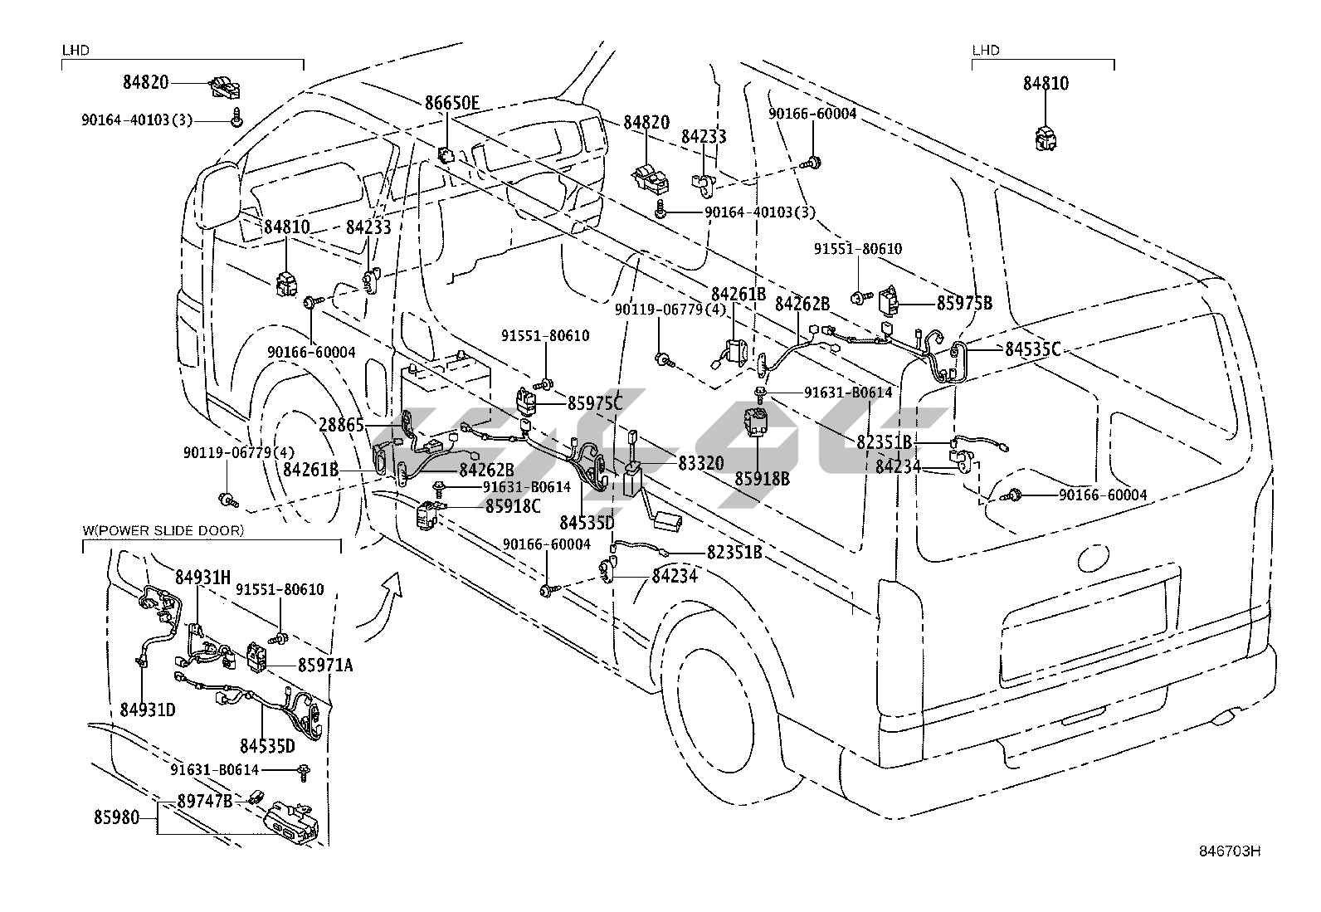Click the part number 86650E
(x=452, y=103)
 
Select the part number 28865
(x=341, y=425)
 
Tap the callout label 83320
(x=700, y=463)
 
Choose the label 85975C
(x=595, y=403)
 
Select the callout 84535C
(x=1032, y=349)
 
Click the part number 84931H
(x=202, y=577)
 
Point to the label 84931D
(x=147, y=710)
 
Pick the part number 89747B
(x=205, y=801)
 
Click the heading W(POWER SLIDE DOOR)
(x=163, y=530)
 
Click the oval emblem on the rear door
(x=1089, y=558)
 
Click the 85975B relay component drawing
(x=890, y=301)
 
